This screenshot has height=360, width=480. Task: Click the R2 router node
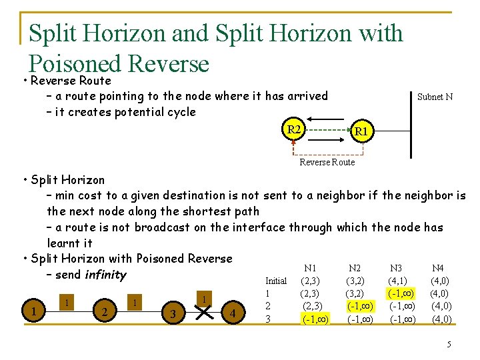click(x=293, y=129)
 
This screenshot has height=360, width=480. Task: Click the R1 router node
click(x=361, y=132)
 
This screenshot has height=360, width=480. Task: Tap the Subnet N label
click(x=435, y=97)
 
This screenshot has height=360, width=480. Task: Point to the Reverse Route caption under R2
click(x=327, y=162)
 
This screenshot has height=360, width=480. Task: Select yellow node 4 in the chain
click(x=233, y=312)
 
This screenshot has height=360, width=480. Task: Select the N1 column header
click(x=310, y=267)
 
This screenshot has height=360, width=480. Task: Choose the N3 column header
click(x=396, y=267)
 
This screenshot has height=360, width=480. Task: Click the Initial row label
click(x=276, y=281)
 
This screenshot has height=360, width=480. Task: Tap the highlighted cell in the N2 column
click(x=360, y=306)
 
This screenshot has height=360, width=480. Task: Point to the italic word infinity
click(x=104, y=275)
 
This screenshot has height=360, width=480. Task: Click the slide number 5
click(x=449, y=344)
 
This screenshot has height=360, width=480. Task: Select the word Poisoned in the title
click(x=74, y=64)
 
